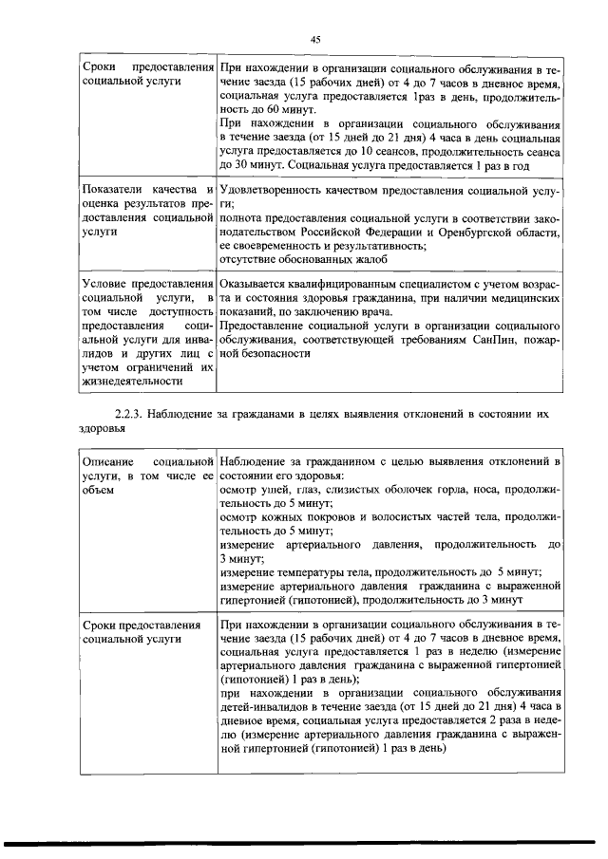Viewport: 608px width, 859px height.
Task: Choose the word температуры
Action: [x=325, y=572]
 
